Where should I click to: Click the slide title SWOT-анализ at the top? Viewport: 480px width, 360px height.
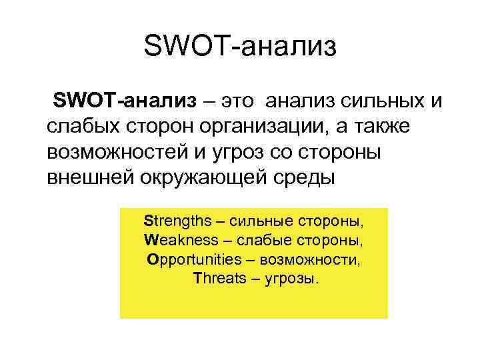coord(240,47)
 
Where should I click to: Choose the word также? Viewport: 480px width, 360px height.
coord(412,127)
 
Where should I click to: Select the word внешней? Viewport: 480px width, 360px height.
coord(91,178)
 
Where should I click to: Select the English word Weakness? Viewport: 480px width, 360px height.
coord(181,240)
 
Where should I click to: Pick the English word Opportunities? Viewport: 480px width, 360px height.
coord(193,259)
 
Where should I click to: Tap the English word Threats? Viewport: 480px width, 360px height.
coord(219,278)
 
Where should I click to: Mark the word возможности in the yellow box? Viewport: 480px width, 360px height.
coord(313,259)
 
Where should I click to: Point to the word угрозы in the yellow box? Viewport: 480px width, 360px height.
coord(291,279)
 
